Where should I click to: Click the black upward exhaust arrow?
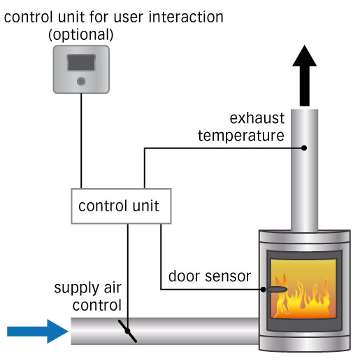(x=305, y=78)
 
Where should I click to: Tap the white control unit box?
(x=118, y=206)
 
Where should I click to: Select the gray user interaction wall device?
(x=81, y=69)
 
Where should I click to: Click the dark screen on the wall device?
(x=81, y=63)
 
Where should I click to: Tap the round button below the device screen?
(x=82, y=82)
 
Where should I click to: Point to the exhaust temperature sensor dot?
(x=305, y=148)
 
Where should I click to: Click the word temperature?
(x=240, y=135)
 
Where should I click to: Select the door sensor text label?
(x=208, y=276)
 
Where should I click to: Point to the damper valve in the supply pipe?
(x=127, y=330)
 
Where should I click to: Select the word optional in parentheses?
(x=81, y=34)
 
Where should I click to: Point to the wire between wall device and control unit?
(x=81, y=140)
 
